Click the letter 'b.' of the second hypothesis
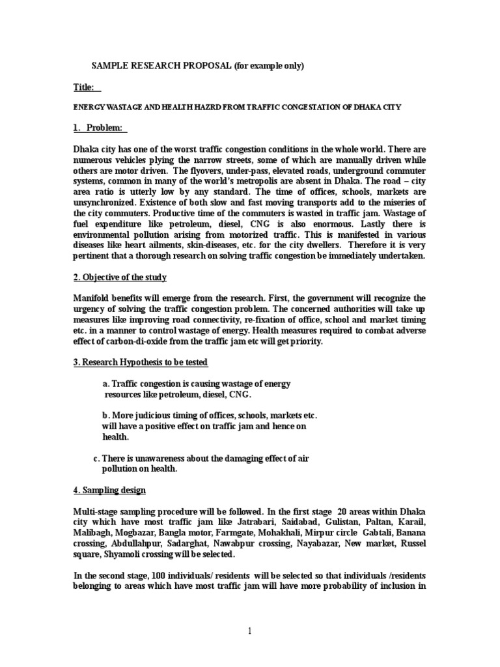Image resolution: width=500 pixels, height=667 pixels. (107, 415)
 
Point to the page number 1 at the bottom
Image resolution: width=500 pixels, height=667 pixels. (250, 630)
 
